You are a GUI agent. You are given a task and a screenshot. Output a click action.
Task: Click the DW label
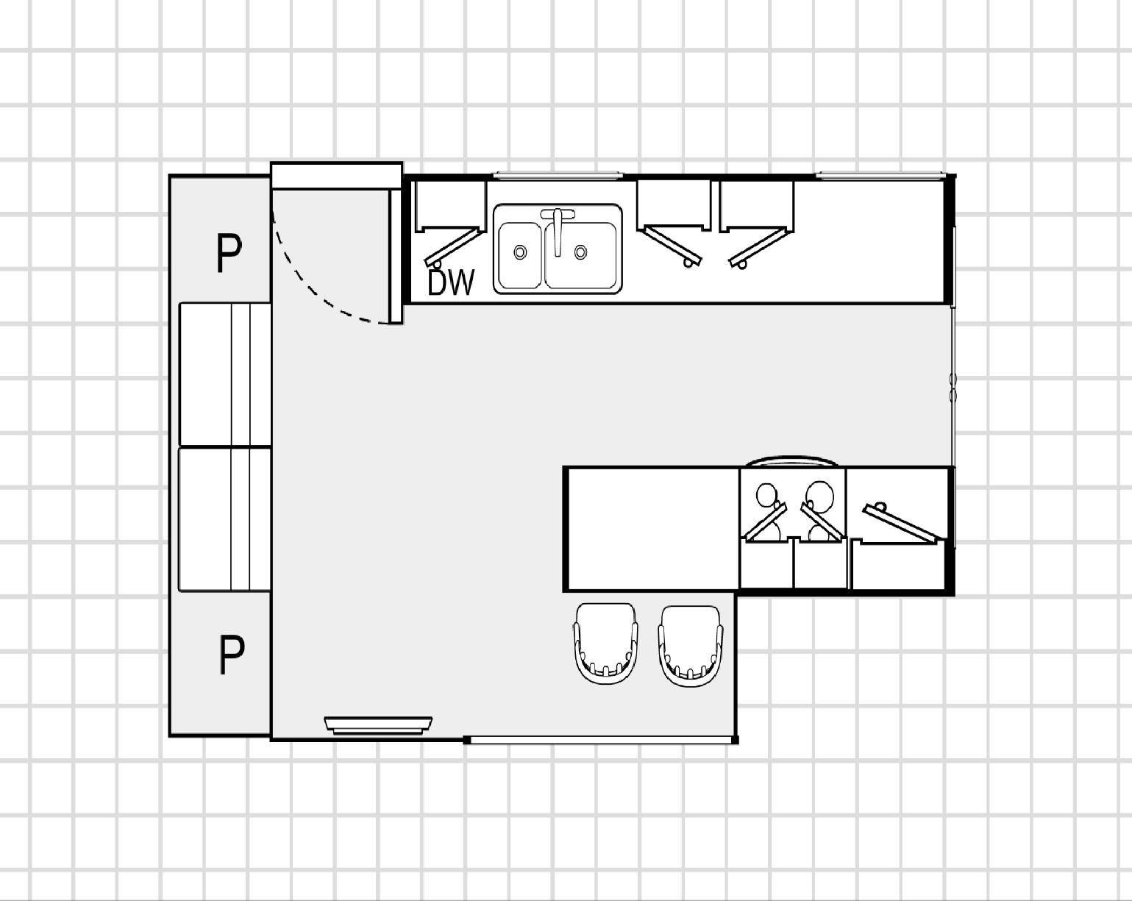click(451, 282)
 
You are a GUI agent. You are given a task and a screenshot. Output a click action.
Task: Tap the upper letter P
click(229, 253)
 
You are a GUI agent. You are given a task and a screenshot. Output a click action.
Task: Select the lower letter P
click(232, 655)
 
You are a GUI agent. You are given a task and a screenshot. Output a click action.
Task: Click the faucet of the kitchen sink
click(558, 230)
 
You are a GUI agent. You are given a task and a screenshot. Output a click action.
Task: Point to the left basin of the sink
click(520, 255)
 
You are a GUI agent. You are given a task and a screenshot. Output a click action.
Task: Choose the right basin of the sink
click(581, 255)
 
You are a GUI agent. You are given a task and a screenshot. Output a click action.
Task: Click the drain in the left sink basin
click(520, 252)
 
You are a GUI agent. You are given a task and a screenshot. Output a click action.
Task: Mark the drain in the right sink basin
click(581, 252)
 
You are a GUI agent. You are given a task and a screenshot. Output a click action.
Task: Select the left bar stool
click(605, 643)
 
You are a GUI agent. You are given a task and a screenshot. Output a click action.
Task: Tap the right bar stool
click(691, 645)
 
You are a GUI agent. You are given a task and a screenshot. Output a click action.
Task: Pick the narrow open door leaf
click(395, 256)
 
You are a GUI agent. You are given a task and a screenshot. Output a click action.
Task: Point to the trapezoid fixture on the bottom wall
click(378, 725)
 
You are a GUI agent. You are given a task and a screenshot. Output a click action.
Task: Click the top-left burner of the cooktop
click(766, 494)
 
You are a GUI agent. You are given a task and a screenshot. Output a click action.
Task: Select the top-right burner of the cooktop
click(821, 496)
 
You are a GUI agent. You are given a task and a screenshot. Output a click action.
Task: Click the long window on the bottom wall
click(601, 740)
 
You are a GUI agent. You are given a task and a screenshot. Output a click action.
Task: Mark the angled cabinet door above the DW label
click(455, 246)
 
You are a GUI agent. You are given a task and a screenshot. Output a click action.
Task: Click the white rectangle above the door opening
click(337, 176)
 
